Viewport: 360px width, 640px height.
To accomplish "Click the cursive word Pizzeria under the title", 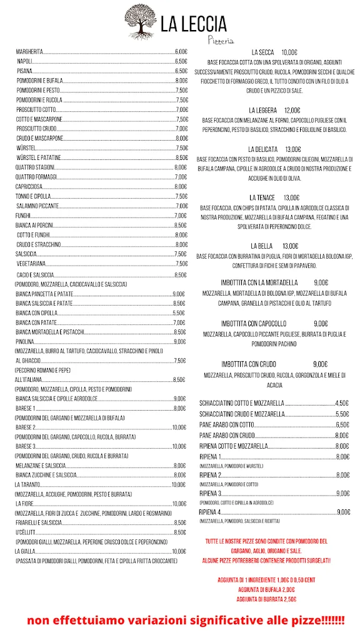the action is point(221,40).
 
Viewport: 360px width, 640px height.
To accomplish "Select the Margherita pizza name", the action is point(29,52).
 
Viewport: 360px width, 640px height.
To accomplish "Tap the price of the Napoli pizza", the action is point(181,62).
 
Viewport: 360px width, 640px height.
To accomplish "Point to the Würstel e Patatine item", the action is point(39,158).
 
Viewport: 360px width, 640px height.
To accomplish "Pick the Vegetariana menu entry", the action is point(31,264).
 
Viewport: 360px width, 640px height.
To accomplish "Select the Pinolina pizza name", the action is point(25,342).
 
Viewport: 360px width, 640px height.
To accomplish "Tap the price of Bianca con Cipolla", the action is point(178,312).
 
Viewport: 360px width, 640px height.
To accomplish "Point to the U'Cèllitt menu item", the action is point(26,532).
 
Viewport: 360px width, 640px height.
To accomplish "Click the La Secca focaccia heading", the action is point(262,52).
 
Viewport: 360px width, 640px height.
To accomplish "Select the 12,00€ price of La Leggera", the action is point(292,110).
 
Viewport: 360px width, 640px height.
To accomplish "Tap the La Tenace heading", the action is point(262,197).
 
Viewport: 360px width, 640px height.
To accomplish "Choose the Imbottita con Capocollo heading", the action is point(254,323).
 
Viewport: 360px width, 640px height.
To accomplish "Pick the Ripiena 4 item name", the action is point(211,512).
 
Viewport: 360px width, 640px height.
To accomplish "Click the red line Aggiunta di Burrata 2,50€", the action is point(266,599).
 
